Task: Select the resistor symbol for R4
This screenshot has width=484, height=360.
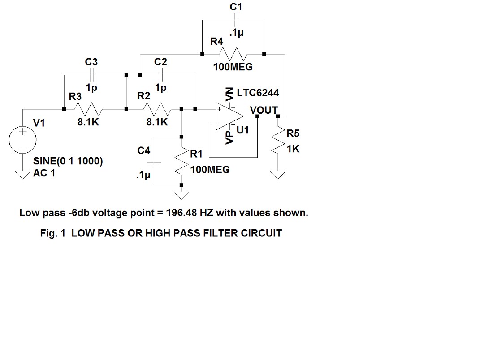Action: point(233,54)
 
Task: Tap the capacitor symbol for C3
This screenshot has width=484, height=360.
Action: point(92,74)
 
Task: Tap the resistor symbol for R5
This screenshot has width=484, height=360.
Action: point(278,141)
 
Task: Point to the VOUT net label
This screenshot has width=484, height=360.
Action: point(264,110)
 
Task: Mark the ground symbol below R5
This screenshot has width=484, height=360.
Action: point(278,175)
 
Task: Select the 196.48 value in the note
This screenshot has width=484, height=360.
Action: point(181,213)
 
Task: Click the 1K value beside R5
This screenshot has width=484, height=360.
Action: point(293,149)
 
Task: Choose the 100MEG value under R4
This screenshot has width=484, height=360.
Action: point(233,67)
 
